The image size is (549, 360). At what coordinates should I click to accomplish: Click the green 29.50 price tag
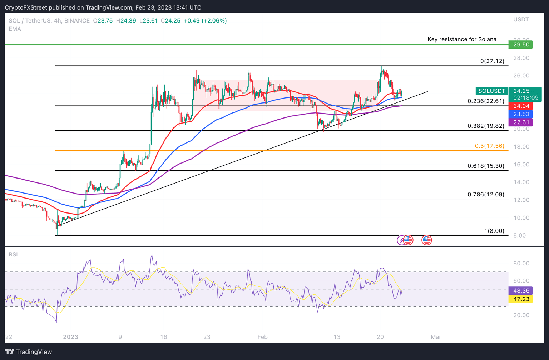(521, 45)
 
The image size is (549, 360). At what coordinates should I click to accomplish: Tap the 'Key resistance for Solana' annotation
(462, 39)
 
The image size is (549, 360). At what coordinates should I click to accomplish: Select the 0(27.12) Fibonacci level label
(492, 61)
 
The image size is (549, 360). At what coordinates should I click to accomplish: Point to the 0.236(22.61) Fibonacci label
(486, 101)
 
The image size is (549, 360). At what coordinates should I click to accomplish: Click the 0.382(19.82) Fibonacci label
(486, 126)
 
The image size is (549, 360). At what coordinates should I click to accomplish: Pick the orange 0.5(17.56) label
(489, 146)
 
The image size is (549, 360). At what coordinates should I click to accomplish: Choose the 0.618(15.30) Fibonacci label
(486, 166)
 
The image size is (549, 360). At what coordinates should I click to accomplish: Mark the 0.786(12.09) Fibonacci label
(486, 195)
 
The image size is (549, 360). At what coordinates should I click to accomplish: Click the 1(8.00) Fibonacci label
(494, 231)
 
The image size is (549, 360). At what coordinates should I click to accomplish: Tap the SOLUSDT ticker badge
(491, 91)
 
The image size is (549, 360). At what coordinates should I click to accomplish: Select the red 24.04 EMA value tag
(521, 106)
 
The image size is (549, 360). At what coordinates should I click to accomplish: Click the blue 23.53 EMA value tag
(521, 114)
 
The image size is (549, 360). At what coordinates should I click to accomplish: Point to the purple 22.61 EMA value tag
(521, 122)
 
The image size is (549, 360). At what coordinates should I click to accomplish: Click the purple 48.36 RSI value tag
(521, 291)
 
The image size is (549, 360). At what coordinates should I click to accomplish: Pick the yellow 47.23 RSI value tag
(521, 299)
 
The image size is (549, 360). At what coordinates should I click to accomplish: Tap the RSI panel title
(13, 254)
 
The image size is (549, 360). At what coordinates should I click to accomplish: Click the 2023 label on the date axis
(70, 337)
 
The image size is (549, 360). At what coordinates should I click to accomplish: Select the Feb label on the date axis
(262, 337)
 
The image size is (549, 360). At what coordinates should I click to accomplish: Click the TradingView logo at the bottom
(29, 352)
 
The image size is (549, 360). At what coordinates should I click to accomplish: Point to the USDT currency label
(521, 19)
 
